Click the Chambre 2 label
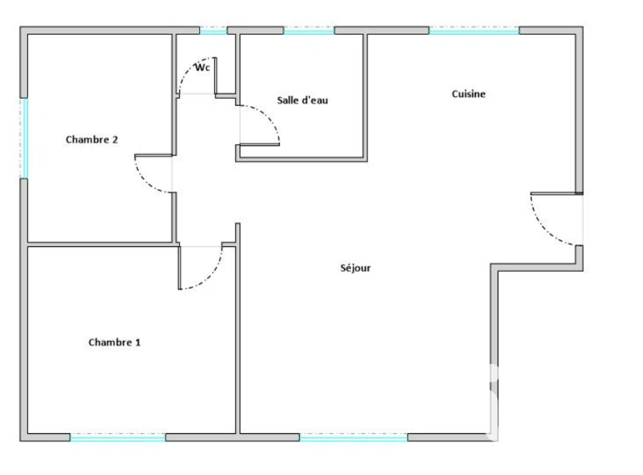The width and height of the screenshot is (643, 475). click(92, 140)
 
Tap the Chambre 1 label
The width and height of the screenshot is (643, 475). click(114, 342)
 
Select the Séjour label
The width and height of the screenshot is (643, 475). click(356, 268)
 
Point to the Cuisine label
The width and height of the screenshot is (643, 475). click(469, 94)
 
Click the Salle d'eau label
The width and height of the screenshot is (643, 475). click(303, 100)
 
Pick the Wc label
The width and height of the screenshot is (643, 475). click(202, 67)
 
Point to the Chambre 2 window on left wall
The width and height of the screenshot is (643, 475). click(25, 138)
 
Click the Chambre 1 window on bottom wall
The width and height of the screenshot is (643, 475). click(118, 438)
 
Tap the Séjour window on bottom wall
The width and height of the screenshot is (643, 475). click(354, 438)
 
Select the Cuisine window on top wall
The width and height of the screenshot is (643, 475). click(474, 31)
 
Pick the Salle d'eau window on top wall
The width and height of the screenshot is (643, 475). click(309, 31)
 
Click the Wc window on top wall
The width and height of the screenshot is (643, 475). click(213, 31)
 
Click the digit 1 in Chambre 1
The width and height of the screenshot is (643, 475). click(138, 342)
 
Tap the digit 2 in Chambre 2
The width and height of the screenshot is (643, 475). click(115, 140)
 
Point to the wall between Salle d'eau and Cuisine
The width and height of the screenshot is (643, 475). click(365, 96)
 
